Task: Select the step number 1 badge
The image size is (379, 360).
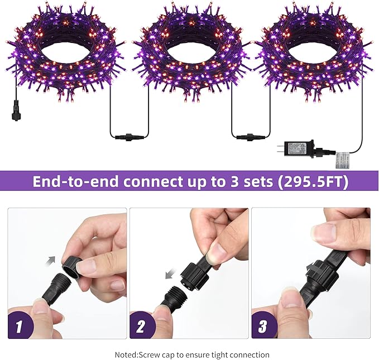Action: tap(18, 327)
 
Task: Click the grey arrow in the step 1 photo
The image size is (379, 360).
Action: tap(52, 260)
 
